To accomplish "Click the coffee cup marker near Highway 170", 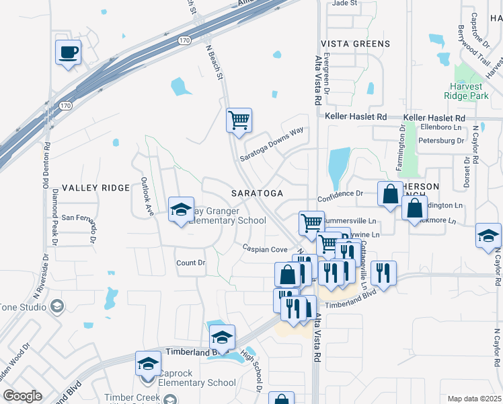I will [69, 53].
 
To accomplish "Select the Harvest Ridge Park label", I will [466, 91].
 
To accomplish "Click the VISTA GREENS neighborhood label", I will [358, 44].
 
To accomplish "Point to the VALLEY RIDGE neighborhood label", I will [95, 188].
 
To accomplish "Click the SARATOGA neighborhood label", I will [257, 193].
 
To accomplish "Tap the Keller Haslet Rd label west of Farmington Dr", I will [356, 116].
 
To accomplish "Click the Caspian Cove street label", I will [265, 249].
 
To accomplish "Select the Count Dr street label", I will [190, 263].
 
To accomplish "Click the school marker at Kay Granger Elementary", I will [181, 210].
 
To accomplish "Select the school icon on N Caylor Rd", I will [488, 236].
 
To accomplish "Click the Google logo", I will [23, 396].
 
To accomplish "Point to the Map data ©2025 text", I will [475, 399].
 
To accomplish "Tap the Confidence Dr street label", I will [340, 193].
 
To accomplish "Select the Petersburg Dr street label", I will [442, 141].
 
